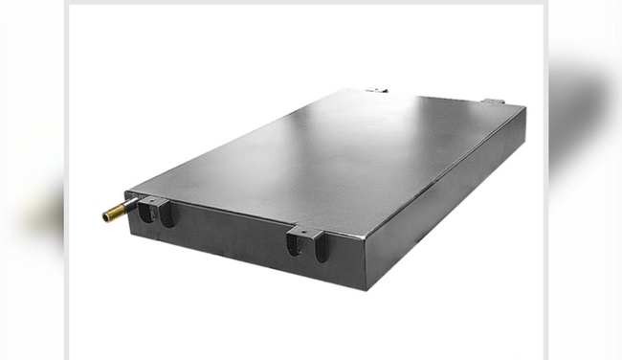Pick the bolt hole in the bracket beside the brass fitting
pyautogui.click(x=153, y=201)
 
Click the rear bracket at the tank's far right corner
pyautogui.click(x=494, y=101)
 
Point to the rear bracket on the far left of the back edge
pyautogui.click(x=376, y=90)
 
